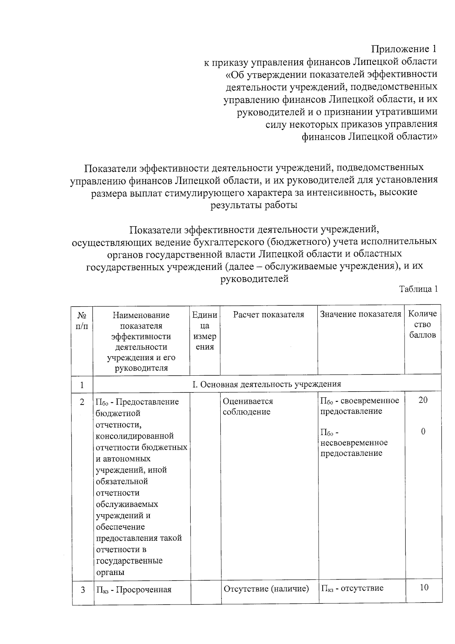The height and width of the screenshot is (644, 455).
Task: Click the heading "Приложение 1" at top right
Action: (404, 49)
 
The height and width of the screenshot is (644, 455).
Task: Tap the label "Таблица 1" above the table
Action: (419, 289)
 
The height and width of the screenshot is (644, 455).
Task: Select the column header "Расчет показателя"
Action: (268, 315)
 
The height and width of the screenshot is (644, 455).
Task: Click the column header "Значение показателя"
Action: (361, 314)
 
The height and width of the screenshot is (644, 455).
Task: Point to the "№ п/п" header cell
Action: (82, 320)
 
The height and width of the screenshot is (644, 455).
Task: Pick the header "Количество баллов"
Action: (422, 324)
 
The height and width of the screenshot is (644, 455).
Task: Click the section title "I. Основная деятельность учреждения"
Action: (267, 384)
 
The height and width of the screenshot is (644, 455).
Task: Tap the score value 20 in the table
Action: (423, 400)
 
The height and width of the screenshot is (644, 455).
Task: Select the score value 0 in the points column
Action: (423, 431)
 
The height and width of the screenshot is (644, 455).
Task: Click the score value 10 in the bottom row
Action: (424, 588)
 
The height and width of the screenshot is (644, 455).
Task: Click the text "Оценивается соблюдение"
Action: (248, 406)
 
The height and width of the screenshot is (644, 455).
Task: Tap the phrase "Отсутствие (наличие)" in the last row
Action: (267, 589)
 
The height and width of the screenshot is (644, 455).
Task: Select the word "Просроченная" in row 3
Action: (146, 590)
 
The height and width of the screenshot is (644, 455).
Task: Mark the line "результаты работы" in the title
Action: (254, 205)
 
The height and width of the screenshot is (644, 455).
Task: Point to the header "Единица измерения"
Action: (205, 331)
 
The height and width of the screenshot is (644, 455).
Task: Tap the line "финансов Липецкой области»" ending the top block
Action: (369, 136)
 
